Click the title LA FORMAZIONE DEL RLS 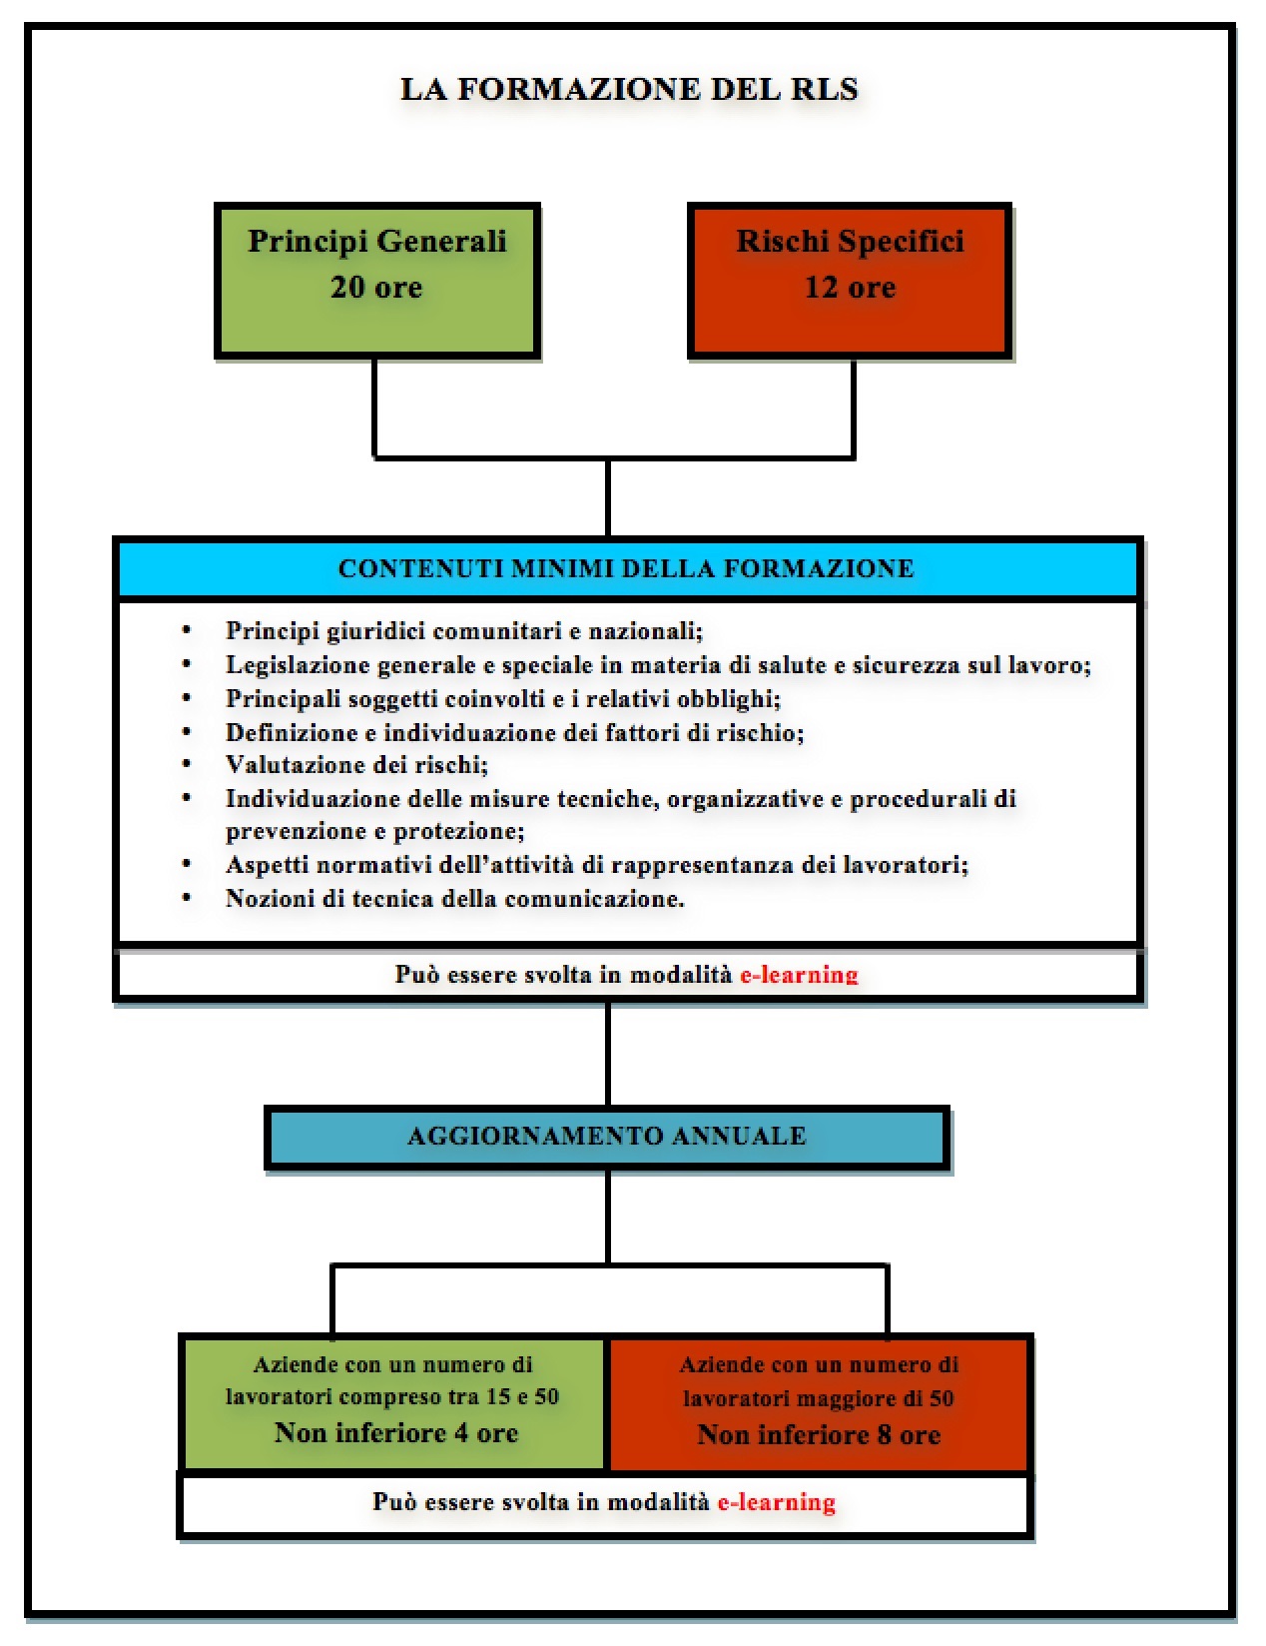tap(629, 89)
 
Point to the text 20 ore tap(376, 288)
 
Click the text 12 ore tap(850, 288)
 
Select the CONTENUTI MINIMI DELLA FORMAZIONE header tap(627, 568)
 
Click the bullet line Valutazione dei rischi tap(356, 765)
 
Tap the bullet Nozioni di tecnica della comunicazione tap(454, 898)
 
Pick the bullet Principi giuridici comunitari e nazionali tap(464, 631)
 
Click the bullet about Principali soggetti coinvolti tap(502, 698)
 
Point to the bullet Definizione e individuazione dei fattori tap(514, 732)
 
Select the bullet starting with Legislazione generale tap(658, 665)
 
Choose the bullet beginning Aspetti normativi tap(596, 865)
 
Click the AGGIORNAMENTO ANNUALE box tap(607, 1137)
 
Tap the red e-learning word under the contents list tap(799, 975)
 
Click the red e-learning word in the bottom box tap(776, 1502)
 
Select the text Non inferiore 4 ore tap(396, 1433)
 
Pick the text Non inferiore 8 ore tap(819, 1435)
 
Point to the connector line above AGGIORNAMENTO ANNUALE tap(607, 1054)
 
